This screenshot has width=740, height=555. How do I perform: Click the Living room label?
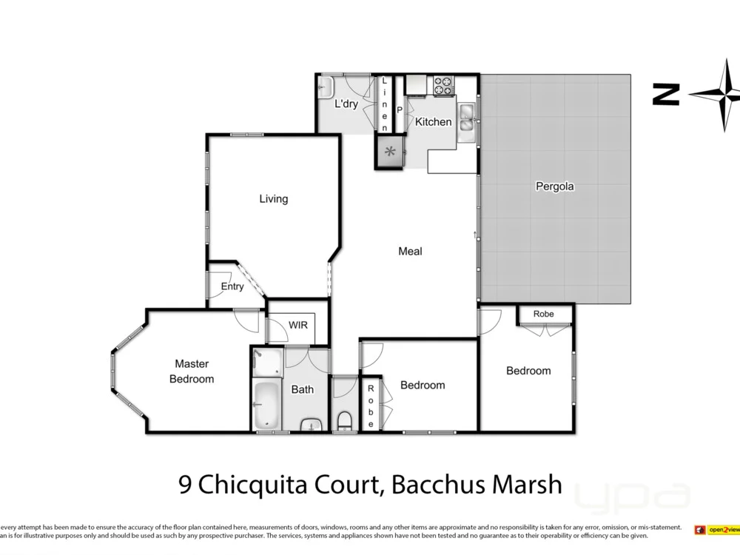[x=273, y=199]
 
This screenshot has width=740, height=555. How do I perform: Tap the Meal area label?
[x=410, y=252]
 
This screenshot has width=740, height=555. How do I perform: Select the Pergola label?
[x=554, y=186]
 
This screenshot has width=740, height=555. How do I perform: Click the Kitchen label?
[x=433, y=122]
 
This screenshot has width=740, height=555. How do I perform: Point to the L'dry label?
[x=346, y=104]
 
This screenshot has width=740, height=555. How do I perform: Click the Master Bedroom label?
[x=192, y=371]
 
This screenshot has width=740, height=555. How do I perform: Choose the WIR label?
[x=298, y=326]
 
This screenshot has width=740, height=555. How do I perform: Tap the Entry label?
[x=232, y=287]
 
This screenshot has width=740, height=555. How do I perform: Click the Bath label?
[x=302, y=389]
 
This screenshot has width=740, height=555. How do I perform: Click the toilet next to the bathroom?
[x=344, y=420]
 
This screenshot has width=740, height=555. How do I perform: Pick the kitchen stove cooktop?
[x=443, y=86]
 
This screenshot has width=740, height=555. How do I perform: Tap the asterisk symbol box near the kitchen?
[x=390, y=152]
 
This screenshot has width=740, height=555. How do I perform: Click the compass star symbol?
[x=720, y=95]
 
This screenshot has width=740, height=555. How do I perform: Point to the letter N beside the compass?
[x=666, y=95]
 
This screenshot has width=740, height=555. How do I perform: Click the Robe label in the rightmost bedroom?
[x=544, y=314]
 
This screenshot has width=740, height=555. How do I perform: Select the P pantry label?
[x=400, y=110]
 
